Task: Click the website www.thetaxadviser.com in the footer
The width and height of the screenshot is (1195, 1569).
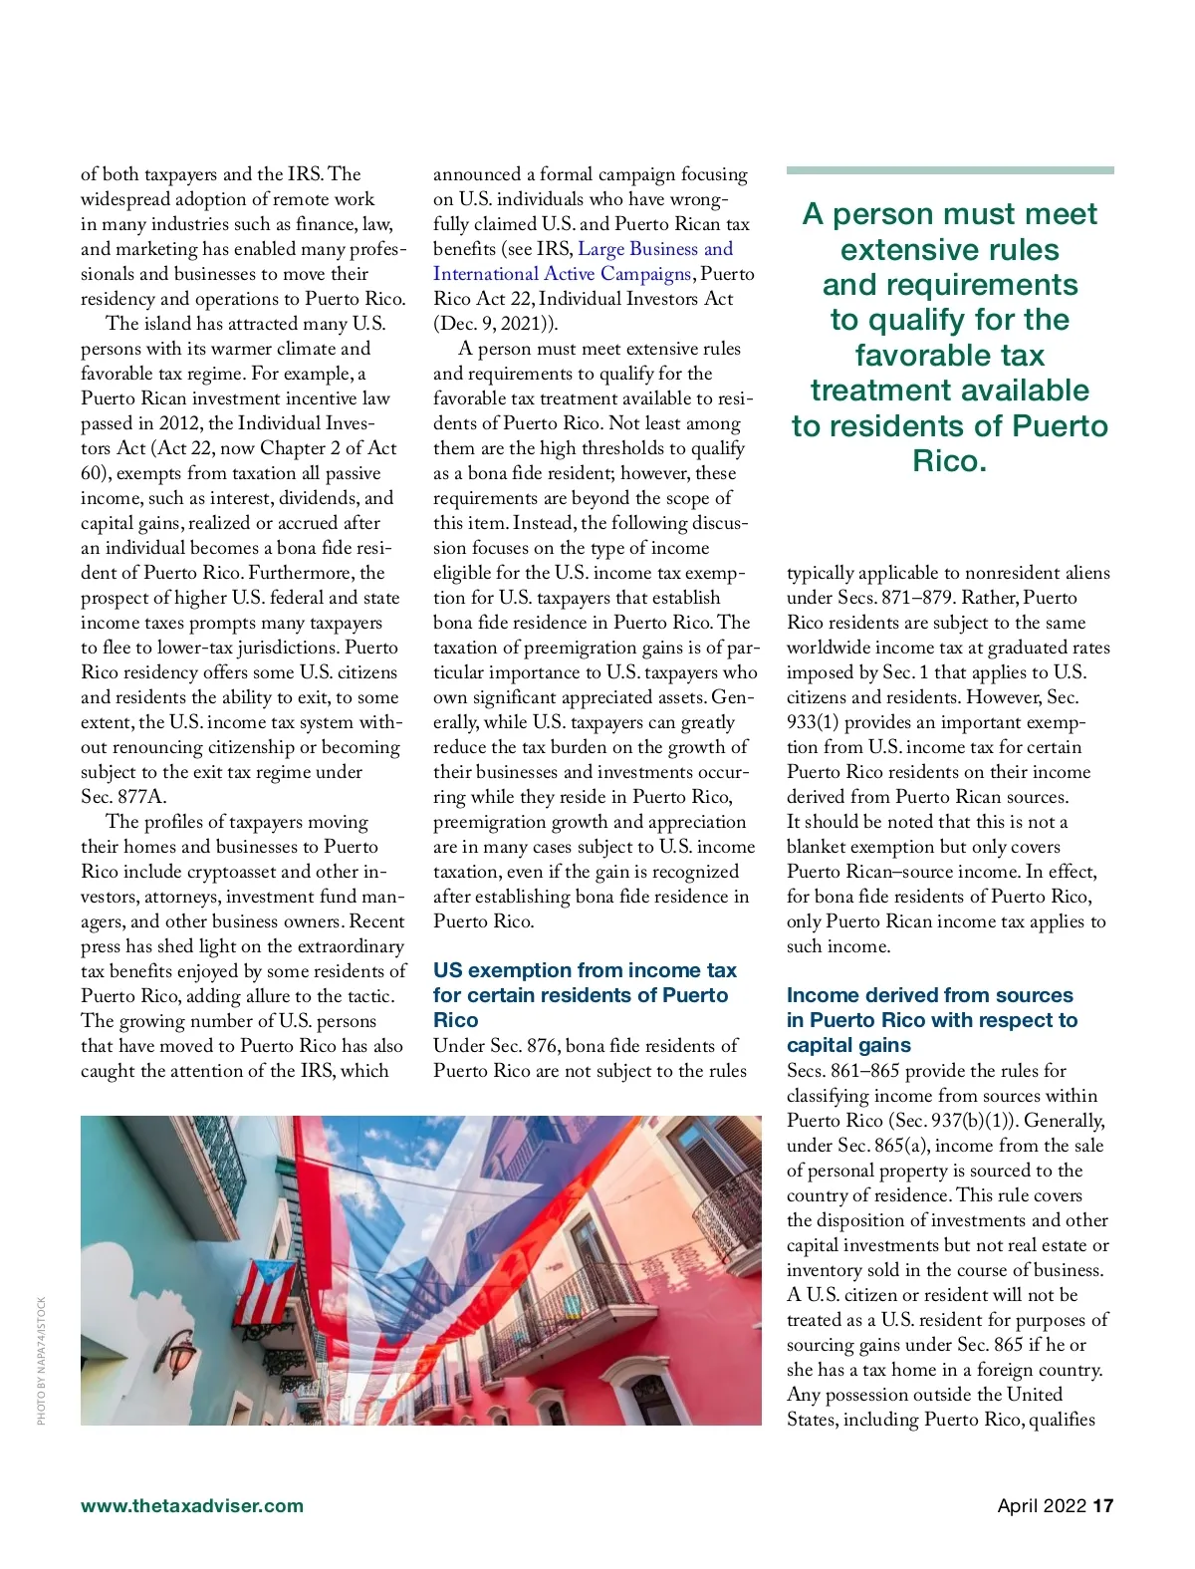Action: pyautogui.click(x=192, y=1505)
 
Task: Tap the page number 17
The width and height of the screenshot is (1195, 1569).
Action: pyautogui.click(x=1102, y=1505)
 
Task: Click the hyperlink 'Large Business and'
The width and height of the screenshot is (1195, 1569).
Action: pyautogui.click(x=655, y=249)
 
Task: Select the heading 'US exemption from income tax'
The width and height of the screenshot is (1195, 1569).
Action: pyautogui.click(x=585, y=970)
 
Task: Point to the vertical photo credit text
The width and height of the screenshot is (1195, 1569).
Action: pyautogui.click(x=42, y=1360)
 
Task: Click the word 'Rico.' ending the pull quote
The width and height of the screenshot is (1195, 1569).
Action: pyautogui.click(x=949, y=461)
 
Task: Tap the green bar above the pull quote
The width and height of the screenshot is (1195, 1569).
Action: pyautogui.click(x=949, y=170)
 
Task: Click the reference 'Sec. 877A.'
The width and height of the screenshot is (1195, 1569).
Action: pyautogui.click(x=124, y=797)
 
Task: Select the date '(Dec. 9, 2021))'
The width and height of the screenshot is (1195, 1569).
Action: pyautogui.click(x=495, y=324)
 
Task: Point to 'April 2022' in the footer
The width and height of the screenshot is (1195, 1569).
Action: pyautogui.click(x=1042, y=1505)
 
